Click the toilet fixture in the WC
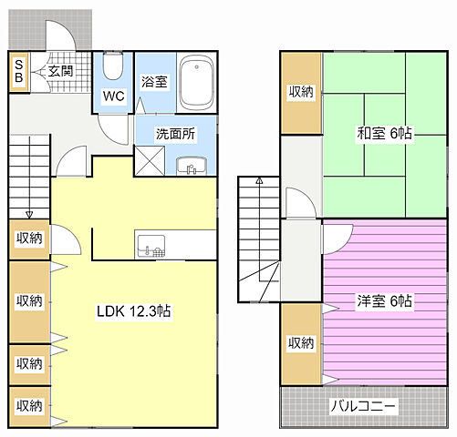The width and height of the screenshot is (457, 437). pyautogui.click(x=113, y=66)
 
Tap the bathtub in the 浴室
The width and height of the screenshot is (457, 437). pyautogui.click(x=196, y=83)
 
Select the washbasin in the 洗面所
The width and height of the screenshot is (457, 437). pyautogui.click(x=192, y=166)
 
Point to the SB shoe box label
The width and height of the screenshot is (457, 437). pyautogui.click(x=19, y=72)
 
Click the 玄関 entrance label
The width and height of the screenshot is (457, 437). pyautogui.click(x=61, y=71)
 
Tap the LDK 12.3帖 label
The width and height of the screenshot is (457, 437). pyautogui.click(x=133, y=311)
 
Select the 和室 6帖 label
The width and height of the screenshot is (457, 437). pyautogui.click(x=384, y=133)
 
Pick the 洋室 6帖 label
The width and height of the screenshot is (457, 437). pyautogui.click(x=384, y=301)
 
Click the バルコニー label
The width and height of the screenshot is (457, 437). pyautogui.click(x=364, y=406)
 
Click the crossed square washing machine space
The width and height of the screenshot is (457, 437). pyautogui.click(x=150, y=161)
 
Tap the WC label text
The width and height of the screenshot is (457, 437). pyautogui.click(x=113, y=97)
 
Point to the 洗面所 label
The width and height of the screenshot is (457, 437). pyautogui.click(x=175, y=134)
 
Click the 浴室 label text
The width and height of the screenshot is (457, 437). pyautogui.click(x=154, y=82)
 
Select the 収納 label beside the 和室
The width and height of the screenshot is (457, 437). pyautogui.click(x=300, y=91)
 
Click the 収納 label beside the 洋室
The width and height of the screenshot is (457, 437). pyautogui.click(x=300, y=343)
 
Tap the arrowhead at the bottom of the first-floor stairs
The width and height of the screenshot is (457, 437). pyautogui.click(x=29, y=215)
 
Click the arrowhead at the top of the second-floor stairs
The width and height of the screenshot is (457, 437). pyautogui.click(x=259, y=181)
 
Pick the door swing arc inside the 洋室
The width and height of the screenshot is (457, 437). pyautogui.click(x=344, y=245)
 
